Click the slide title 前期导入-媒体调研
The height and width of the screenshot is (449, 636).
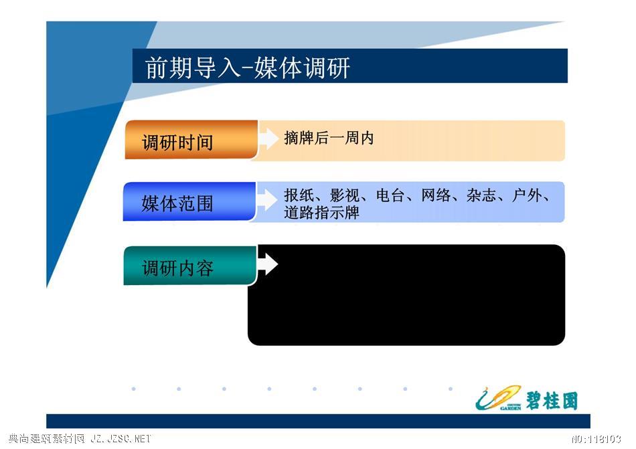(248, 68)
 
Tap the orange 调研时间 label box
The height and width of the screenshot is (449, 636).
(191, 140)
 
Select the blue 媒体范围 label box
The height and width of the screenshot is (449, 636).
(189, 201)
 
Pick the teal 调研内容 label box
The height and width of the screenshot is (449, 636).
(190, 266)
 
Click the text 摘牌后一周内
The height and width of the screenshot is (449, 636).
(329, 139)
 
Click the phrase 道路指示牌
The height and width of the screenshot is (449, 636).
(321, 212)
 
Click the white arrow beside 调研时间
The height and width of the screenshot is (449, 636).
(268, 139)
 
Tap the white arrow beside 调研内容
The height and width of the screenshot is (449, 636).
(268, 264)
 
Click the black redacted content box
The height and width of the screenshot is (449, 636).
(406, 295)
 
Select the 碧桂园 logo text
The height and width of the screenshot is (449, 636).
(552, 401)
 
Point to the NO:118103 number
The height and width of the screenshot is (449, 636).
(597, 439)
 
